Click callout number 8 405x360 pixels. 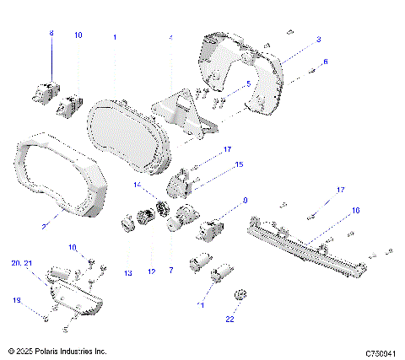[x=50, y=33]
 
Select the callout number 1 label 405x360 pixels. [x=115, y=38]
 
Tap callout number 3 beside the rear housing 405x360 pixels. [x=318, y=40]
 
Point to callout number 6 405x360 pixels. [x=326, y=62]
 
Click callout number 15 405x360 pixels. [x=239, y=164]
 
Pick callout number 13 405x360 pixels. [x=128, y=273]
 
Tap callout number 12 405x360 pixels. [x=152, y=271]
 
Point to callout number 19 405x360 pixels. [x=17, y=300]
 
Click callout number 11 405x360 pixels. [x=201, y=304]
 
